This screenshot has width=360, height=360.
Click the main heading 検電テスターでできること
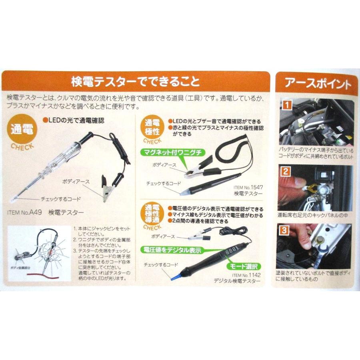pos(135,82)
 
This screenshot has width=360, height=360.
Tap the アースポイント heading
pos(318,84)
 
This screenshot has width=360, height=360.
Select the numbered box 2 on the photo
pos(285,172)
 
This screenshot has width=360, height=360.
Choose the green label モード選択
pos(244,266)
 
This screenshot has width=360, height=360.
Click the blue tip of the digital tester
pos(174,277)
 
